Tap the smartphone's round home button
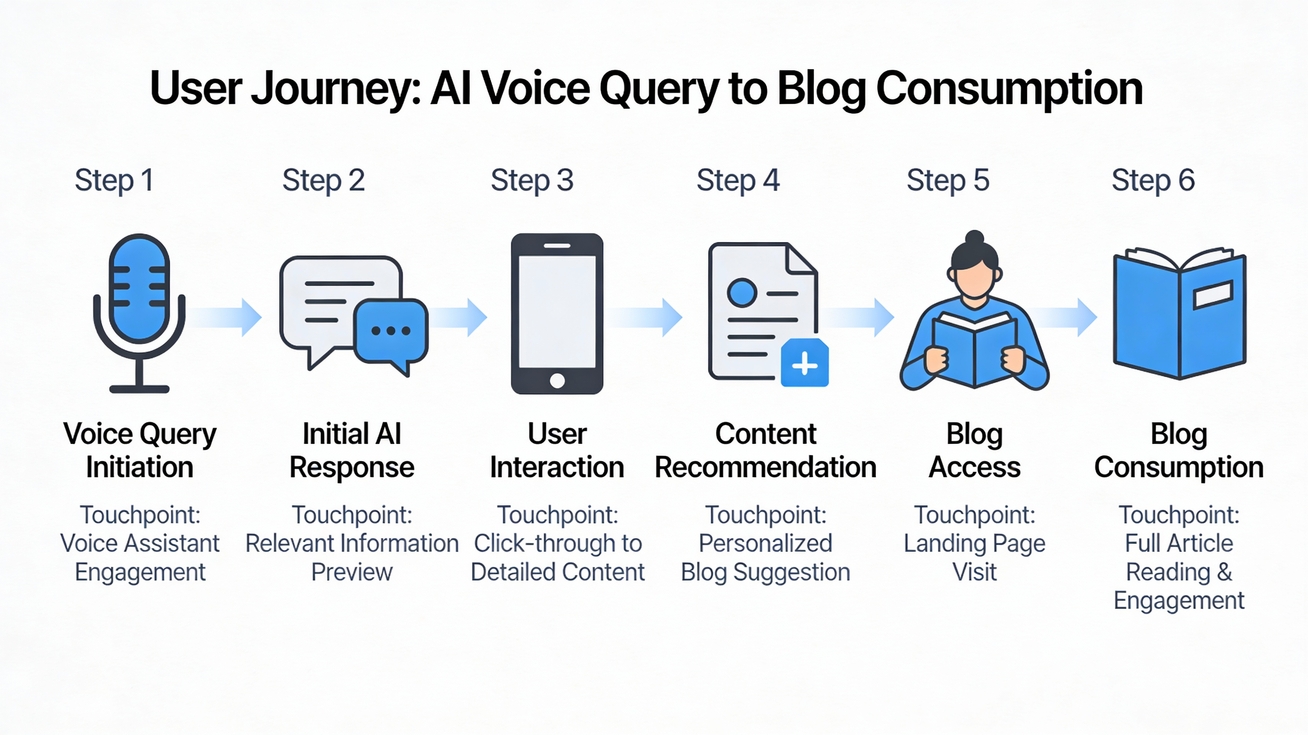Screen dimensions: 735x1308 click(x=557, y=380)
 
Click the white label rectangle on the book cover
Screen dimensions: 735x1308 click(x=1213, y=295)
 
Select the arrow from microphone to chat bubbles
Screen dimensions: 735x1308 click(x=226, y=317)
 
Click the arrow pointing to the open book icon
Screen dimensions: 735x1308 click(x=1064, y=317)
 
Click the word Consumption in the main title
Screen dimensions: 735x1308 click(x=1009, y=89)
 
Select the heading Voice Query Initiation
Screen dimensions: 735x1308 click(x=140, y=450)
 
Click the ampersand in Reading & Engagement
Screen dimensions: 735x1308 click(x=1224, y=572)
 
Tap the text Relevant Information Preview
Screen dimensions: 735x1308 click(x=352, y=557)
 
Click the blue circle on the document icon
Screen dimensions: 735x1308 click(x=742, y=292)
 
